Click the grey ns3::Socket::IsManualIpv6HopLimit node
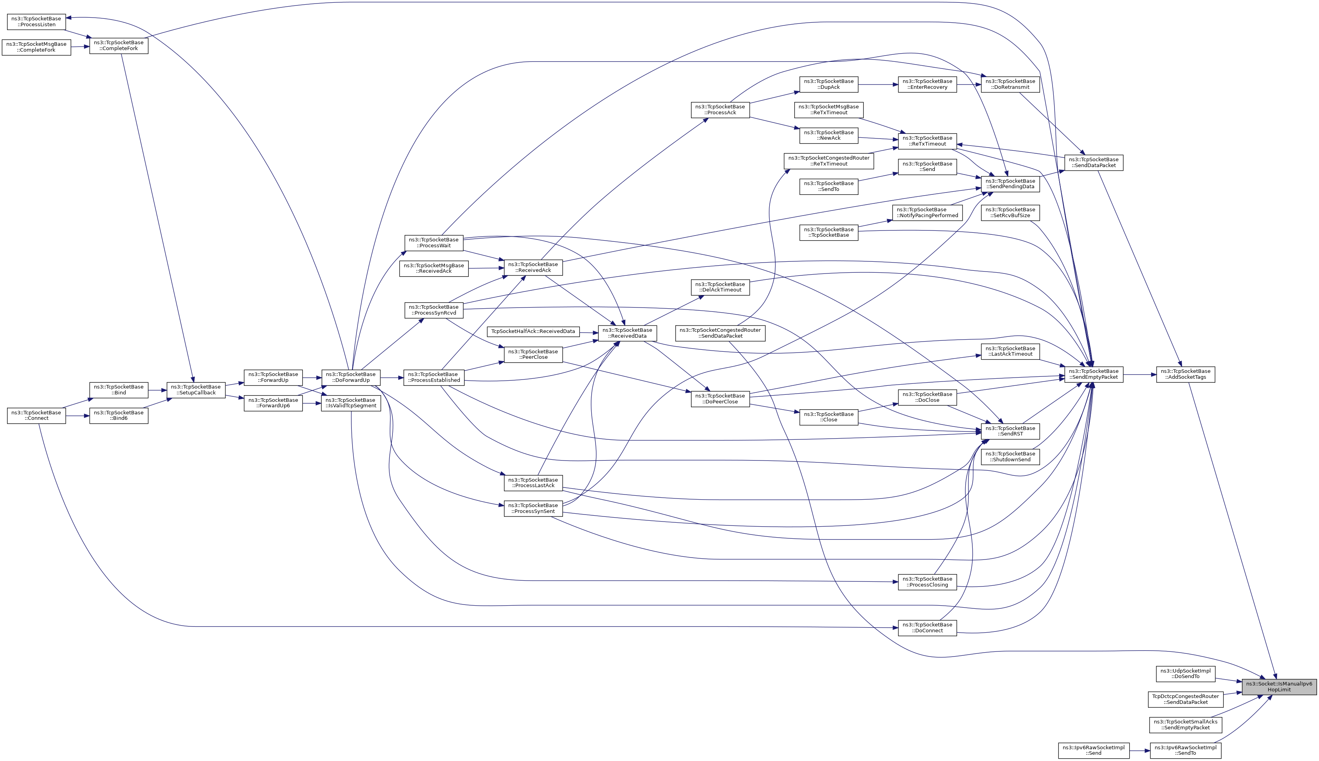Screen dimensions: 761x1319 pos(1279,687)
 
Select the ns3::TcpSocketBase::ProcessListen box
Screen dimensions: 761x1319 pos(36,22)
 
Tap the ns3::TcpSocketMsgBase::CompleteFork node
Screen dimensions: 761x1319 pos(36,47)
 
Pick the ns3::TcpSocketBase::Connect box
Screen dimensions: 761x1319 pos(36,416)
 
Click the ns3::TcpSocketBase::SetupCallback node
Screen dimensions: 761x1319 pos(196,390)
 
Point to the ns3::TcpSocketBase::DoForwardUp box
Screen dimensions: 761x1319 pos(351,377)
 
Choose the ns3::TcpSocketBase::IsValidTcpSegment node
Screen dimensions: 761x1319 pos(351,403)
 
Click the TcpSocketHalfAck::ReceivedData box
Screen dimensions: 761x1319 pos(533,331)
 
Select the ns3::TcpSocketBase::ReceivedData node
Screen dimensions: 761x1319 pos(627,333)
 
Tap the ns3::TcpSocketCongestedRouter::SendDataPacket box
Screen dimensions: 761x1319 pos(720,333)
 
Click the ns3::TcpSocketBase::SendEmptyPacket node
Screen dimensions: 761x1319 pos(1094,374)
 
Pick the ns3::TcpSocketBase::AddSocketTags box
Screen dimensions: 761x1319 pos(1185,374)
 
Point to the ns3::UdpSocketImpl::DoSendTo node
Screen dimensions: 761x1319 pos(1185,674)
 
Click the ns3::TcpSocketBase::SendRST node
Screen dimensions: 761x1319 pos(1010,431)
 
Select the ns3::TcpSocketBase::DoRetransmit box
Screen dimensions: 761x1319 pos(1010,84)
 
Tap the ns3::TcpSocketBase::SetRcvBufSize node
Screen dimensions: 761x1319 pos(1010,213)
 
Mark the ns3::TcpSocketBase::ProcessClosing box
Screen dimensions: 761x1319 pos(927,582)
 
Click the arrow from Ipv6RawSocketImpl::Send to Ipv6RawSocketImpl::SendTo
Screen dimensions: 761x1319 pos(1139,750)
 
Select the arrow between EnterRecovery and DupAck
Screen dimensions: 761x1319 pos(878,84)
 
